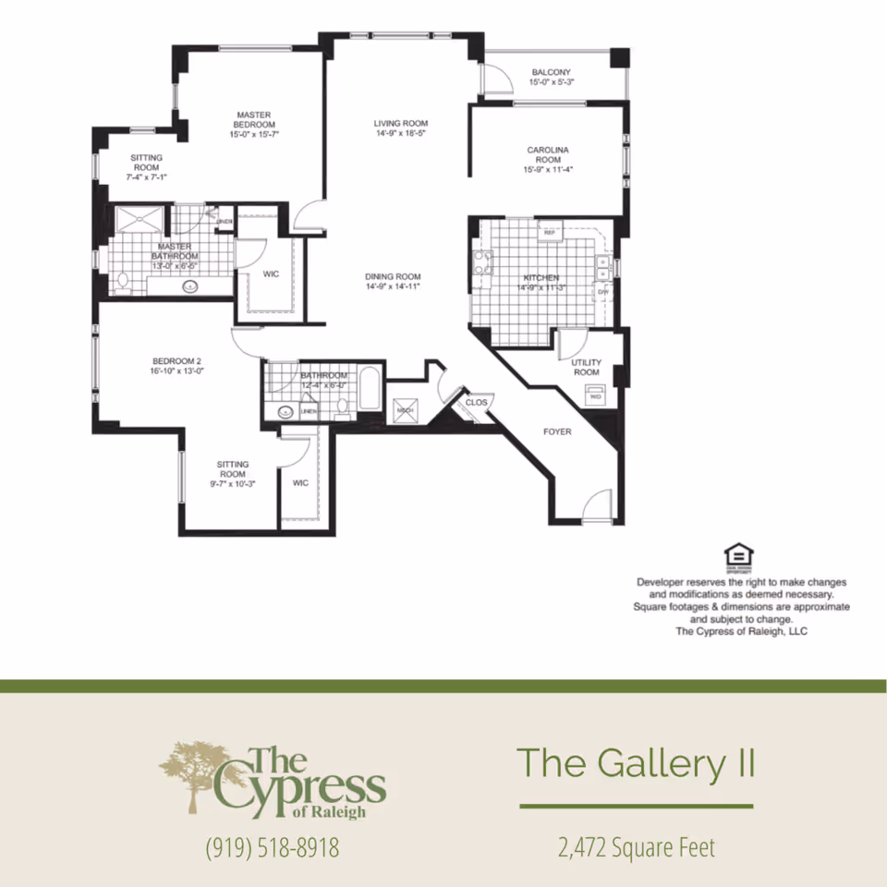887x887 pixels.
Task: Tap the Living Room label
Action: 401,128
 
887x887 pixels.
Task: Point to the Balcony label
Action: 551,77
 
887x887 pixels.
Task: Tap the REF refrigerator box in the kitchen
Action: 549,232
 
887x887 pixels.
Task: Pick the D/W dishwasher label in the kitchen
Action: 602,292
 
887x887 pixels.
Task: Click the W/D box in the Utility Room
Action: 594,396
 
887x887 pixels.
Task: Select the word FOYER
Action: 557,431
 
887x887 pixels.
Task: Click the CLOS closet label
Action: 476,403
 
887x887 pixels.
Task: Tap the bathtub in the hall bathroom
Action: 369,391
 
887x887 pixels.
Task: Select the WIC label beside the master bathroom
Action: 271,274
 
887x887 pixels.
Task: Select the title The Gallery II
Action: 637,764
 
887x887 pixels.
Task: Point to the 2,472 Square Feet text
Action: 636,846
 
